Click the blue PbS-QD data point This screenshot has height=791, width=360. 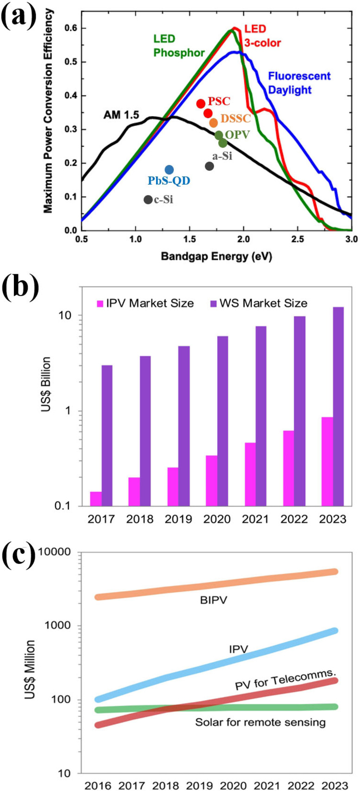169,170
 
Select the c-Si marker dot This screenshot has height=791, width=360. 148,200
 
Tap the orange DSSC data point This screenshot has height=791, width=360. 213,123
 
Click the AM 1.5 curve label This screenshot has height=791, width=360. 121,115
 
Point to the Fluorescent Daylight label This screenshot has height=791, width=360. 299,82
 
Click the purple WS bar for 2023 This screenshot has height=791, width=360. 338,406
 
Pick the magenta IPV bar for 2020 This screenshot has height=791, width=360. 212,481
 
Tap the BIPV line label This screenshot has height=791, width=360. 214,601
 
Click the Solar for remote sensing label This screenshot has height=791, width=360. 260,722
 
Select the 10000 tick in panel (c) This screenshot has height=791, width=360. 56,553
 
